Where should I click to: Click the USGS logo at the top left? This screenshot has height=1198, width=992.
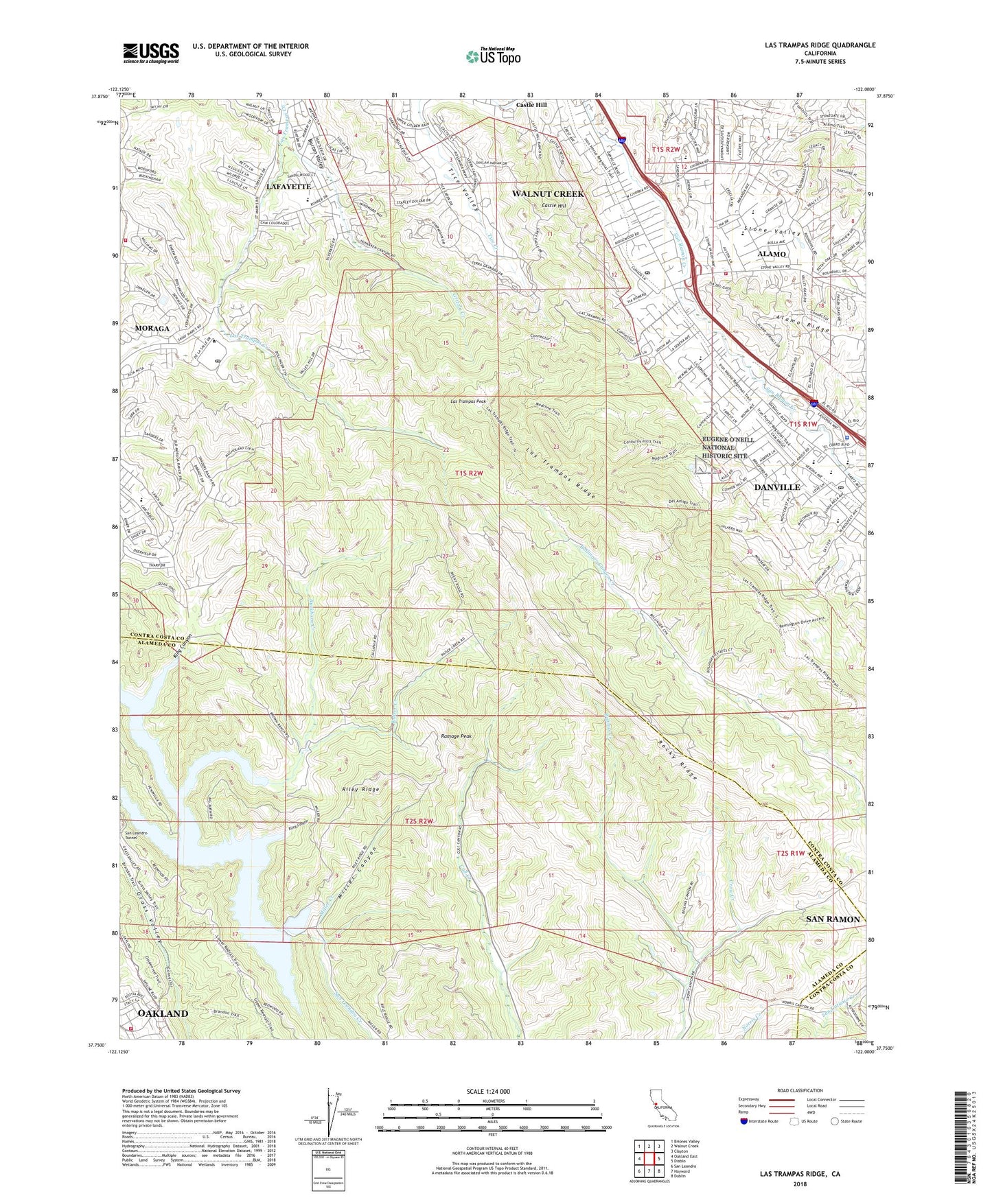pos(151,53)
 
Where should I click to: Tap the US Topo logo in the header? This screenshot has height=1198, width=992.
pos(492,56)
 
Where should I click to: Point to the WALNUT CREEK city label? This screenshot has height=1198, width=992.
pos(548,194)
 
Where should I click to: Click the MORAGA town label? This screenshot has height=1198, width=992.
pos(152,329)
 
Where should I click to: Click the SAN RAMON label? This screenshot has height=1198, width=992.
pos(833,919)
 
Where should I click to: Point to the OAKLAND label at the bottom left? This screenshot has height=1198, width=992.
pos(163,1013)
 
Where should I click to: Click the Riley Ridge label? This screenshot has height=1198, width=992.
pos(360,790)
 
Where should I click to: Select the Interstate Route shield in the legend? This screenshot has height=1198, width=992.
pos(743,1121)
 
